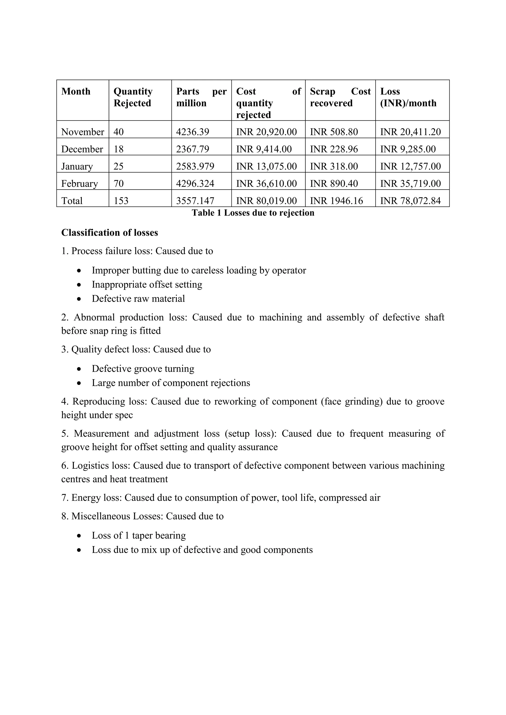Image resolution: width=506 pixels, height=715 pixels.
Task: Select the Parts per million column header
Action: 201,97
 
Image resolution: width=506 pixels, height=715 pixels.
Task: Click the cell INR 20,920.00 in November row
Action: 266,132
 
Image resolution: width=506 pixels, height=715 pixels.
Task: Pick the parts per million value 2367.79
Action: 192,149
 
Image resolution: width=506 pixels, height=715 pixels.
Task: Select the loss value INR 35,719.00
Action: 410,183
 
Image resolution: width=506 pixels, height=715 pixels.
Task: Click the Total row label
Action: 72,200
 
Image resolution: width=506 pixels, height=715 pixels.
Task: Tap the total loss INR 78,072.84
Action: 410,200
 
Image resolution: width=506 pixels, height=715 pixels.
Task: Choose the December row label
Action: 82,149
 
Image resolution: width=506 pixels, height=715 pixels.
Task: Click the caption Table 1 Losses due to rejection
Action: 253,213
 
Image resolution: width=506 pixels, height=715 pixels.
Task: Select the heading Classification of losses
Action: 109,233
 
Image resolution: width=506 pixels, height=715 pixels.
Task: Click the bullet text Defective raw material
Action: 138,299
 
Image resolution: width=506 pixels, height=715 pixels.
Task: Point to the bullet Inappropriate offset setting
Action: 147,284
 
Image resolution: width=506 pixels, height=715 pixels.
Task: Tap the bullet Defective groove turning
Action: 143,369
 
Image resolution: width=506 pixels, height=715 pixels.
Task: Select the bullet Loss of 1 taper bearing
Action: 139,535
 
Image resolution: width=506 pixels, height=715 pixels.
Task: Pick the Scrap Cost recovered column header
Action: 340,97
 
